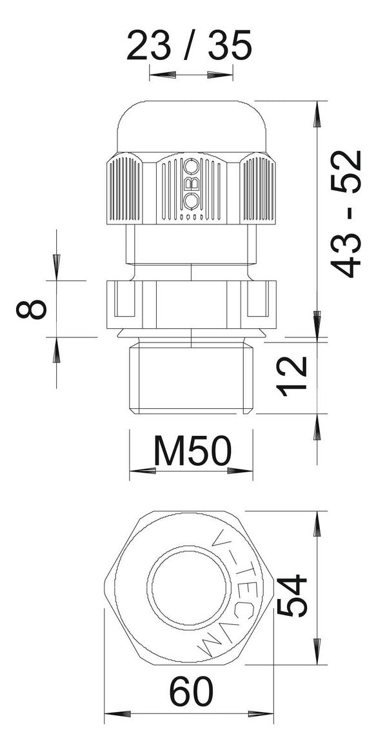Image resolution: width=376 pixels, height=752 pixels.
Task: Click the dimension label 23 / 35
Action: [189, 45]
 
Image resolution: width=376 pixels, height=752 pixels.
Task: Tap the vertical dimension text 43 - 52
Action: [346, 214]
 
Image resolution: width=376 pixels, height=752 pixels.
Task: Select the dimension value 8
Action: [32, 309]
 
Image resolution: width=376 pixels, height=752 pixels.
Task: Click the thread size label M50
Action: [192, 451]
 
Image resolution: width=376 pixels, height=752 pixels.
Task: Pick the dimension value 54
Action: [291, 595]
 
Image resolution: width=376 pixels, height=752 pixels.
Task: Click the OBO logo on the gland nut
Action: [191, 184]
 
